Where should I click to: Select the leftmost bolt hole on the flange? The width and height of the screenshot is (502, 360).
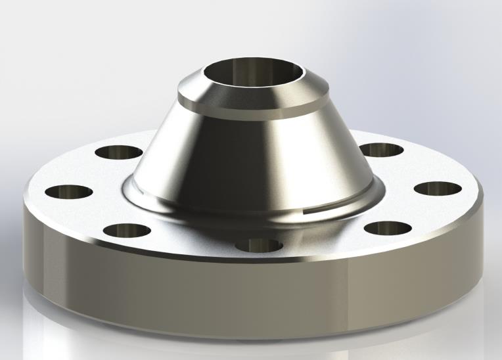pyautogui.click(x=68, y=193)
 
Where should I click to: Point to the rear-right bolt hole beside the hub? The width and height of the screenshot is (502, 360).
pyautogui.click(x=381, y=150)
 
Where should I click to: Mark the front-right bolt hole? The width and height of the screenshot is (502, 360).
pyautogui.click(x=386, y=228)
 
